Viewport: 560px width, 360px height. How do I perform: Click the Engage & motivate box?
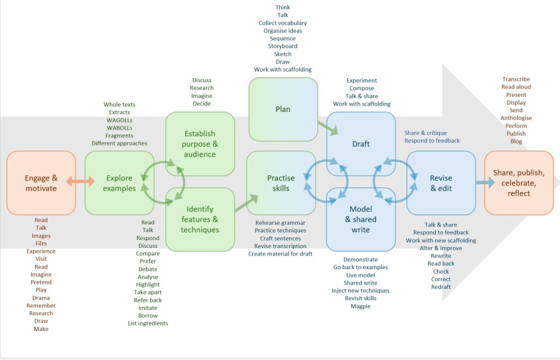pos(41,183)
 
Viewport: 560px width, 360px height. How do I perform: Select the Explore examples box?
pos(119,183)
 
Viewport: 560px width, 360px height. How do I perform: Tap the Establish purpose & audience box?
pos(200,144)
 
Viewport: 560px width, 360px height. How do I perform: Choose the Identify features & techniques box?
pos(200,219)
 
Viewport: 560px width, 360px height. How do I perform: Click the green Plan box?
pos(283,109)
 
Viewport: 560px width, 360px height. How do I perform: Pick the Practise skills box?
pos(281,183)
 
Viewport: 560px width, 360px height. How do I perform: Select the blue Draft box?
pos(361,144)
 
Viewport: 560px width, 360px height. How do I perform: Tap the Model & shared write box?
pos(361,219)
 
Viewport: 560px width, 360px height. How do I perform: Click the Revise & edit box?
pos(441,183)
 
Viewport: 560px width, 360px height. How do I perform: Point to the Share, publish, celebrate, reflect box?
pos(518,183)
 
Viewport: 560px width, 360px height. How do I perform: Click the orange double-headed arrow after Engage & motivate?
pos(80,181)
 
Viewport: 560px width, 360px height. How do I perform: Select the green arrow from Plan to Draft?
pos(328,127)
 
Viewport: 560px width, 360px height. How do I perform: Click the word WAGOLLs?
pos(119,120)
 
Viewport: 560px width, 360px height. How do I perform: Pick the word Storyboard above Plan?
pos(283,47)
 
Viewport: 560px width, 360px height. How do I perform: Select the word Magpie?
pos(360,306)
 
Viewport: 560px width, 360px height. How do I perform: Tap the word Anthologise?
pos(516,118)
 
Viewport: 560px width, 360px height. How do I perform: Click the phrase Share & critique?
pos(425,133)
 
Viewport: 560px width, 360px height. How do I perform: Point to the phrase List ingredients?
pos(148,323)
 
